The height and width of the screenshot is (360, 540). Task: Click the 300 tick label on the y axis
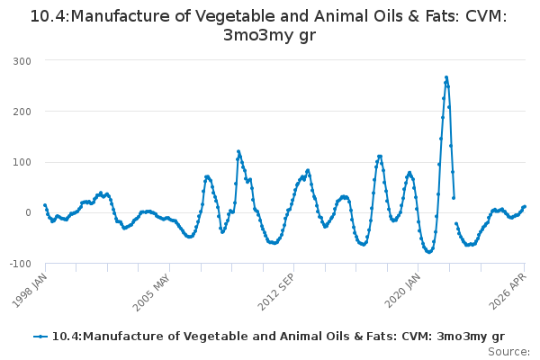tap(22, 61)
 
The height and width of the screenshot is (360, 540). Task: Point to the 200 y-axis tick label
tap(22, 112)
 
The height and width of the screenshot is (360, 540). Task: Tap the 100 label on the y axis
tap(22, 162)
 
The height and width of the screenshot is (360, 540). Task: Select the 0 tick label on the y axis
tap(28, 212)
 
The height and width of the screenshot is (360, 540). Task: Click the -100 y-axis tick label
tap(21, 264)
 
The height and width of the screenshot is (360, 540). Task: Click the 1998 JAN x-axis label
tap(30, 290)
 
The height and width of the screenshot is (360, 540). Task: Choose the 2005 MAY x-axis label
tap(151, 292)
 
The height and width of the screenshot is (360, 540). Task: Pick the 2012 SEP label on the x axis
tap(276, 292)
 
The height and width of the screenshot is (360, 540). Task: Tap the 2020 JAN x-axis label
tap(402, 291)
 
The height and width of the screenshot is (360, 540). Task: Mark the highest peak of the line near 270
tap(446, 77)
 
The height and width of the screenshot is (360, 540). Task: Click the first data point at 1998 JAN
tap(45, 205)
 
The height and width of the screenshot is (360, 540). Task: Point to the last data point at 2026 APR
tap(525, 206)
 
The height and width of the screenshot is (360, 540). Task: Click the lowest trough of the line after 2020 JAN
tap(428, 252)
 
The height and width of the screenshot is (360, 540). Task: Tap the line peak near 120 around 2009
tap(238, 151)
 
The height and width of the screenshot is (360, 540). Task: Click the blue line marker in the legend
tap(40, 337)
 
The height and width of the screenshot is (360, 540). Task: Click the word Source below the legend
tap(508, 352)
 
